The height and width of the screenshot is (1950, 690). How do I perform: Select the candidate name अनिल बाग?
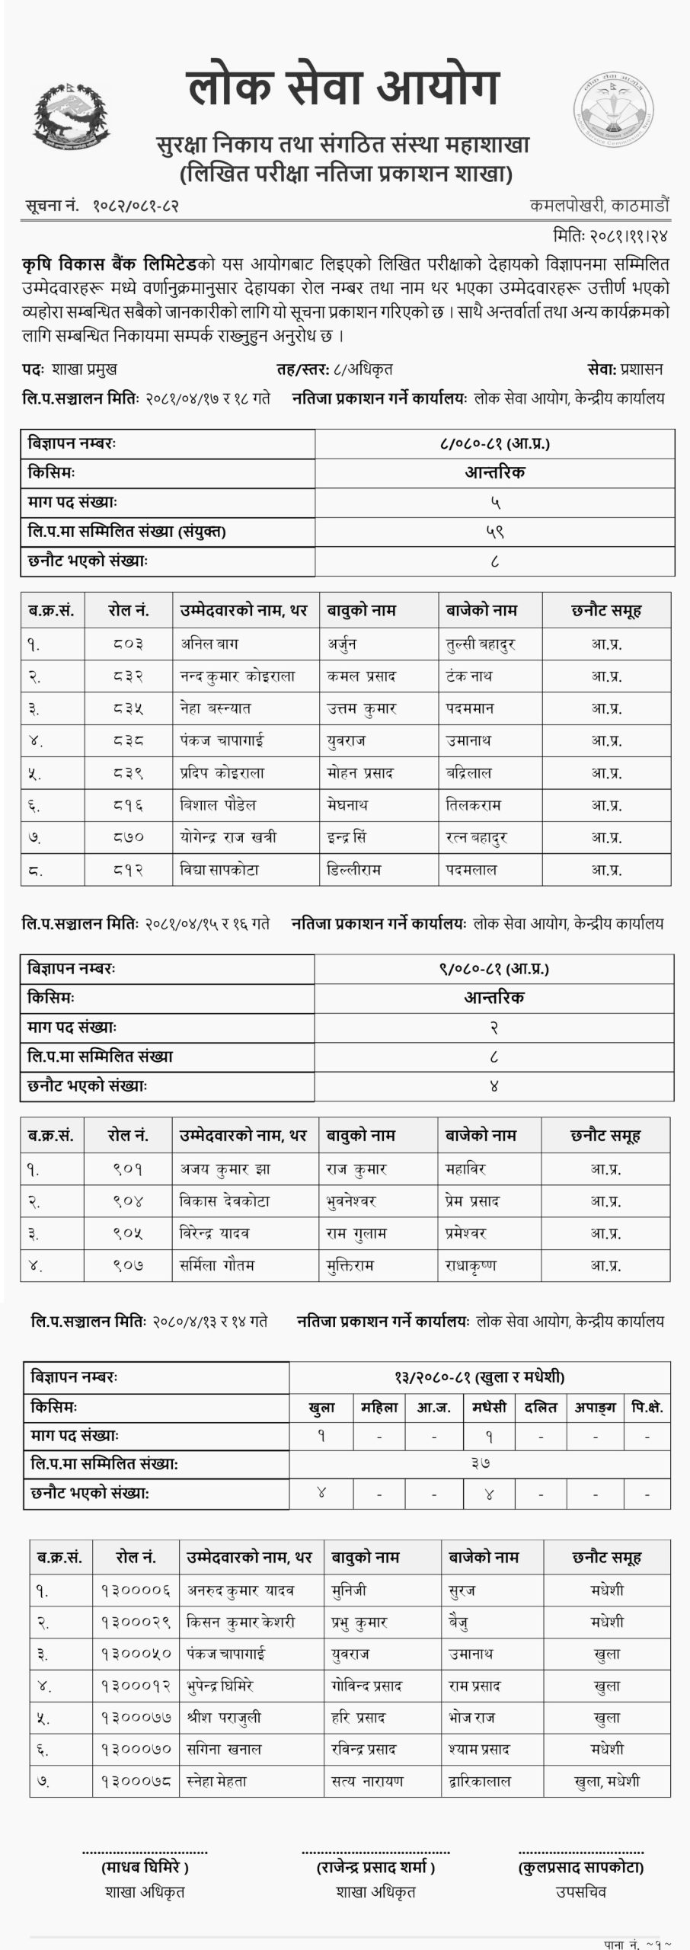pyautogui.click(x=209, y=644)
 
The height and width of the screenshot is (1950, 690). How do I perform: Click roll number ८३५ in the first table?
pyautogui.click(x=126, y=708)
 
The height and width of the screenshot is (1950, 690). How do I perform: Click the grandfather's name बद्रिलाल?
pyautogui.click(x=468, y=772)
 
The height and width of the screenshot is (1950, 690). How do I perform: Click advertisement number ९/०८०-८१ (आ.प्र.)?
pyautogui.click(x=494, y=969)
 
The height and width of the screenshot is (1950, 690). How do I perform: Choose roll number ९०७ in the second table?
pyautogui.click(x=126, y=1265)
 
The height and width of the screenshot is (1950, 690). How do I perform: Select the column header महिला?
pyautogui.click(x=379, y=1408)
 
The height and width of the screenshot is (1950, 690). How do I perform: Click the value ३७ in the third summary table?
pyautogui.click(x=480, y=1463)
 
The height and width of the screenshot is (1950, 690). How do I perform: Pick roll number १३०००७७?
pyautogui.click(x=136, y=1718)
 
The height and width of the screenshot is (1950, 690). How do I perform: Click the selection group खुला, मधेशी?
pyautogui.click(x=607, y=1782)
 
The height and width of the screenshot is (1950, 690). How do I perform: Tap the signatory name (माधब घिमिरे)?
pyautogui.click(x=145, y=1867)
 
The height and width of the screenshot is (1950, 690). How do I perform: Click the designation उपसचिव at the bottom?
pyautogui.click(x=581, y=1891)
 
